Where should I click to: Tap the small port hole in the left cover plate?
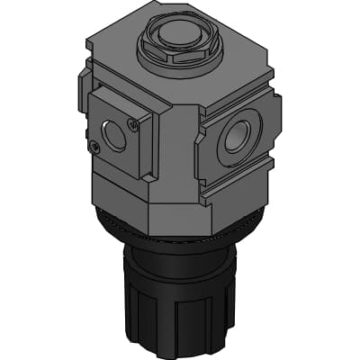(113, 136)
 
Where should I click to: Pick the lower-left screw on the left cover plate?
(94, 145)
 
